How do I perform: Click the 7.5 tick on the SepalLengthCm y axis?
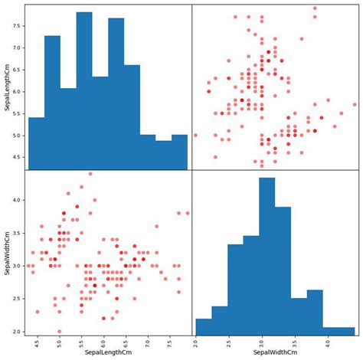point(18,25)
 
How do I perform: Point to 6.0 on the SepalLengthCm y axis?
point(18,91)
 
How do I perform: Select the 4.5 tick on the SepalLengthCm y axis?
point(18,157)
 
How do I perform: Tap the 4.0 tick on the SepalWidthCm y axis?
point(18,200)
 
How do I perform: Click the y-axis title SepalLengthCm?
point(6,87)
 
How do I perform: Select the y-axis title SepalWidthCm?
point(6,254)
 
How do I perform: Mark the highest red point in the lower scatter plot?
point(90,174)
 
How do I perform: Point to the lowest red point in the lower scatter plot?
point(60,332)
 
